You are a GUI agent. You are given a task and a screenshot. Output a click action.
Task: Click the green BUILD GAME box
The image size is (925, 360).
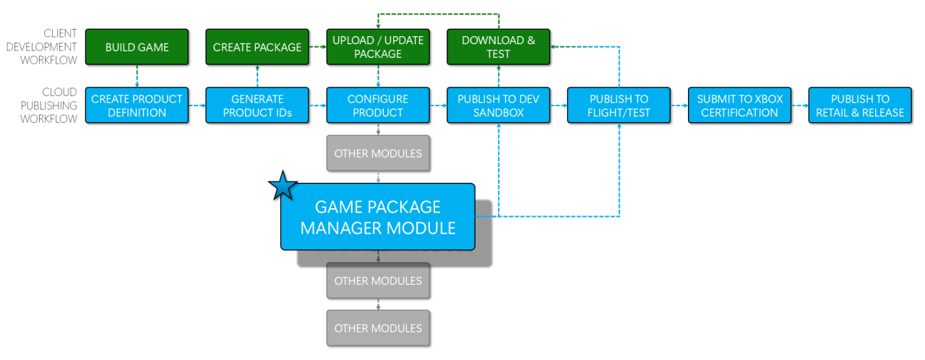coord(137,48)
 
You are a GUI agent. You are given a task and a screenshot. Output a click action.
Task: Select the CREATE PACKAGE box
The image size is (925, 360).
coord(257,48)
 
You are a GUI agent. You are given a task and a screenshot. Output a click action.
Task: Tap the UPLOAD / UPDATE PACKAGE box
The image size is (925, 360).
coord(378,48)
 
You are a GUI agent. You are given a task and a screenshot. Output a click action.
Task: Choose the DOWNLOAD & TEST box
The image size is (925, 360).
coord(499,48)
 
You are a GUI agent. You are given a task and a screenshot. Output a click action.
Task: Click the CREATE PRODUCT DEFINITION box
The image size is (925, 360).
coord(137,106)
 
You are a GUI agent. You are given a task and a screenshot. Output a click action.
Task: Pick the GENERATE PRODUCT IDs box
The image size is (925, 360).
coord(257,106)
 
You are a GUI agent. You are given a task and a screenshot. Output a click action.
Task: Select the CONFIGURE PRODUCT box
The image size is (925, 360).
coord(378,106)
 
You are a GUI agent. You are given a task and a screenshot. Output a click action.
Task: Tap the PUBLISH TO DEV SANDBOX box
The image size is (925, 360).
coord(499,106)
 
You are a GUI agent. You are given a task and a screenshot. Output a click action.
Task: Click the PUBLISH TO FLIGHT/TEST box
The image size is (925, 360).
coord(619,106)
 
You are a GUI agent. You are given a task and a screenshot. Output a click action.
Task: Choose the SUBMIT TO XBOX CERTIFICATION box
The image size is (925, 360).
coord(739,106)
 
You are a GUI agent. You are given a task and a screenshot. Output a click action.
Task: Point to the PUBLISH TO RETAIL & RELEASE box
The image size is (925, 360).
coord(860,106)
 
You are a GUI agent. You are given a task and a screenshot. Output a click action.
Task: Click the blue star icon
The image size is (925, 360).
coord(283,187)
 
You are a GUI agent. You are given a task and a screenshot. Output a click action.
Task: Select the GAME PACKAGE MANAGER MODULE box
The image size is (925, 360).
coord(378,217)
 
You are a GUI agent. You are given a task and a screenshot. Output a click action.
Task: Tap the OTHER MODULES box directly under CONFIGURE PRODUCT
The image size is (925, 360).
coord(378,153)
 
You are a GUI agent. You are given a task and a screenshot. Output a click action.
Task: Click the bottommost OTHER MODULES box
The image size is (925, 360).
coord(378,328)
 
